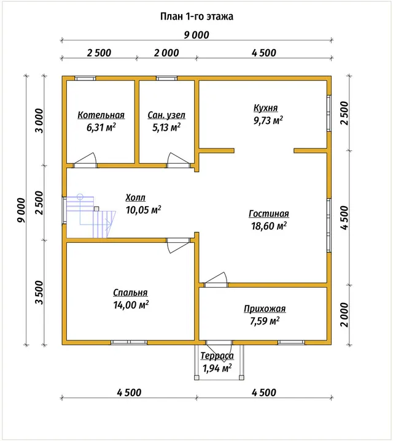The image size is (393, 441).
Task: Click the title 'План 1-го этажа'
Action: tap(196, 17)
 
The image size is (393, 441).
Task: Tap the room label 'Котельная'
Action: tap(101, 115)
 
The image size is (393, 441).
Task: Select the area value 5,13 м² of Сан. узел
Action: tap(166, 128)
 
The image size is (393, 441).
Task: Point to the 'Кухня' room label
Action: tap(266, 108)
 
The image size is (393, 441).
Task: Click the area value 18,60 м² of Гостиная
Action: tap(269, 226)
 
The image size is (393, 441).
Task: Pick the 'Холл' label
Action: tap(136, 197)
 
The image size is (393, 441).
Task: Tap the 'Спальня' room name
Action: tap(130, 293)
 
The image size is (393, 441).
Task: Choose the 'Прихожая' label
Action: tap(265, 309)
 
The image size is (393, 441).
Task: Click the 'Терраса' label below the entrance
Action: tap(217, 356)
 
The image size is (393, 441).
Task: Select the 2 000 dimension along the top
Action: tap(166, 53)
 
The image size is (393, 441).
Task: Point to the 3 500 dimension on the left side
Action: tap(39, 293)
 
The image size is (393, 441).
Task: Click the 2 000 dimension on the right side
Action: tap(344, 315)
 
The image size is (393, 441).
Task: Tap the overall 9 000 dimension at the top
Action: tap(196, 35)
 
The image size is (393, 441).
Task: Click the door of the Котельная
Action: tap(85, 161)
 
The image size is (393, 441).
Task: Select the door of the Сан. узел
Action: tap(178, 161)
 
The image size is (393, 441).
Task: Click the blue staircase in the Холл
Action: tap(91, 216)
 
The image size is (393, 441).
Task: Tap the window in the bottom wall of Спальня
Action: tap(129, 342)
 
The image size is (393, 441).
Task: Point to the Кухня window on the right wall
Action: tap(329, 113)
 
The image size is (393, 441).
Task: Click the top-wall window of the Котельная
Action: tap(85, 79)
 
